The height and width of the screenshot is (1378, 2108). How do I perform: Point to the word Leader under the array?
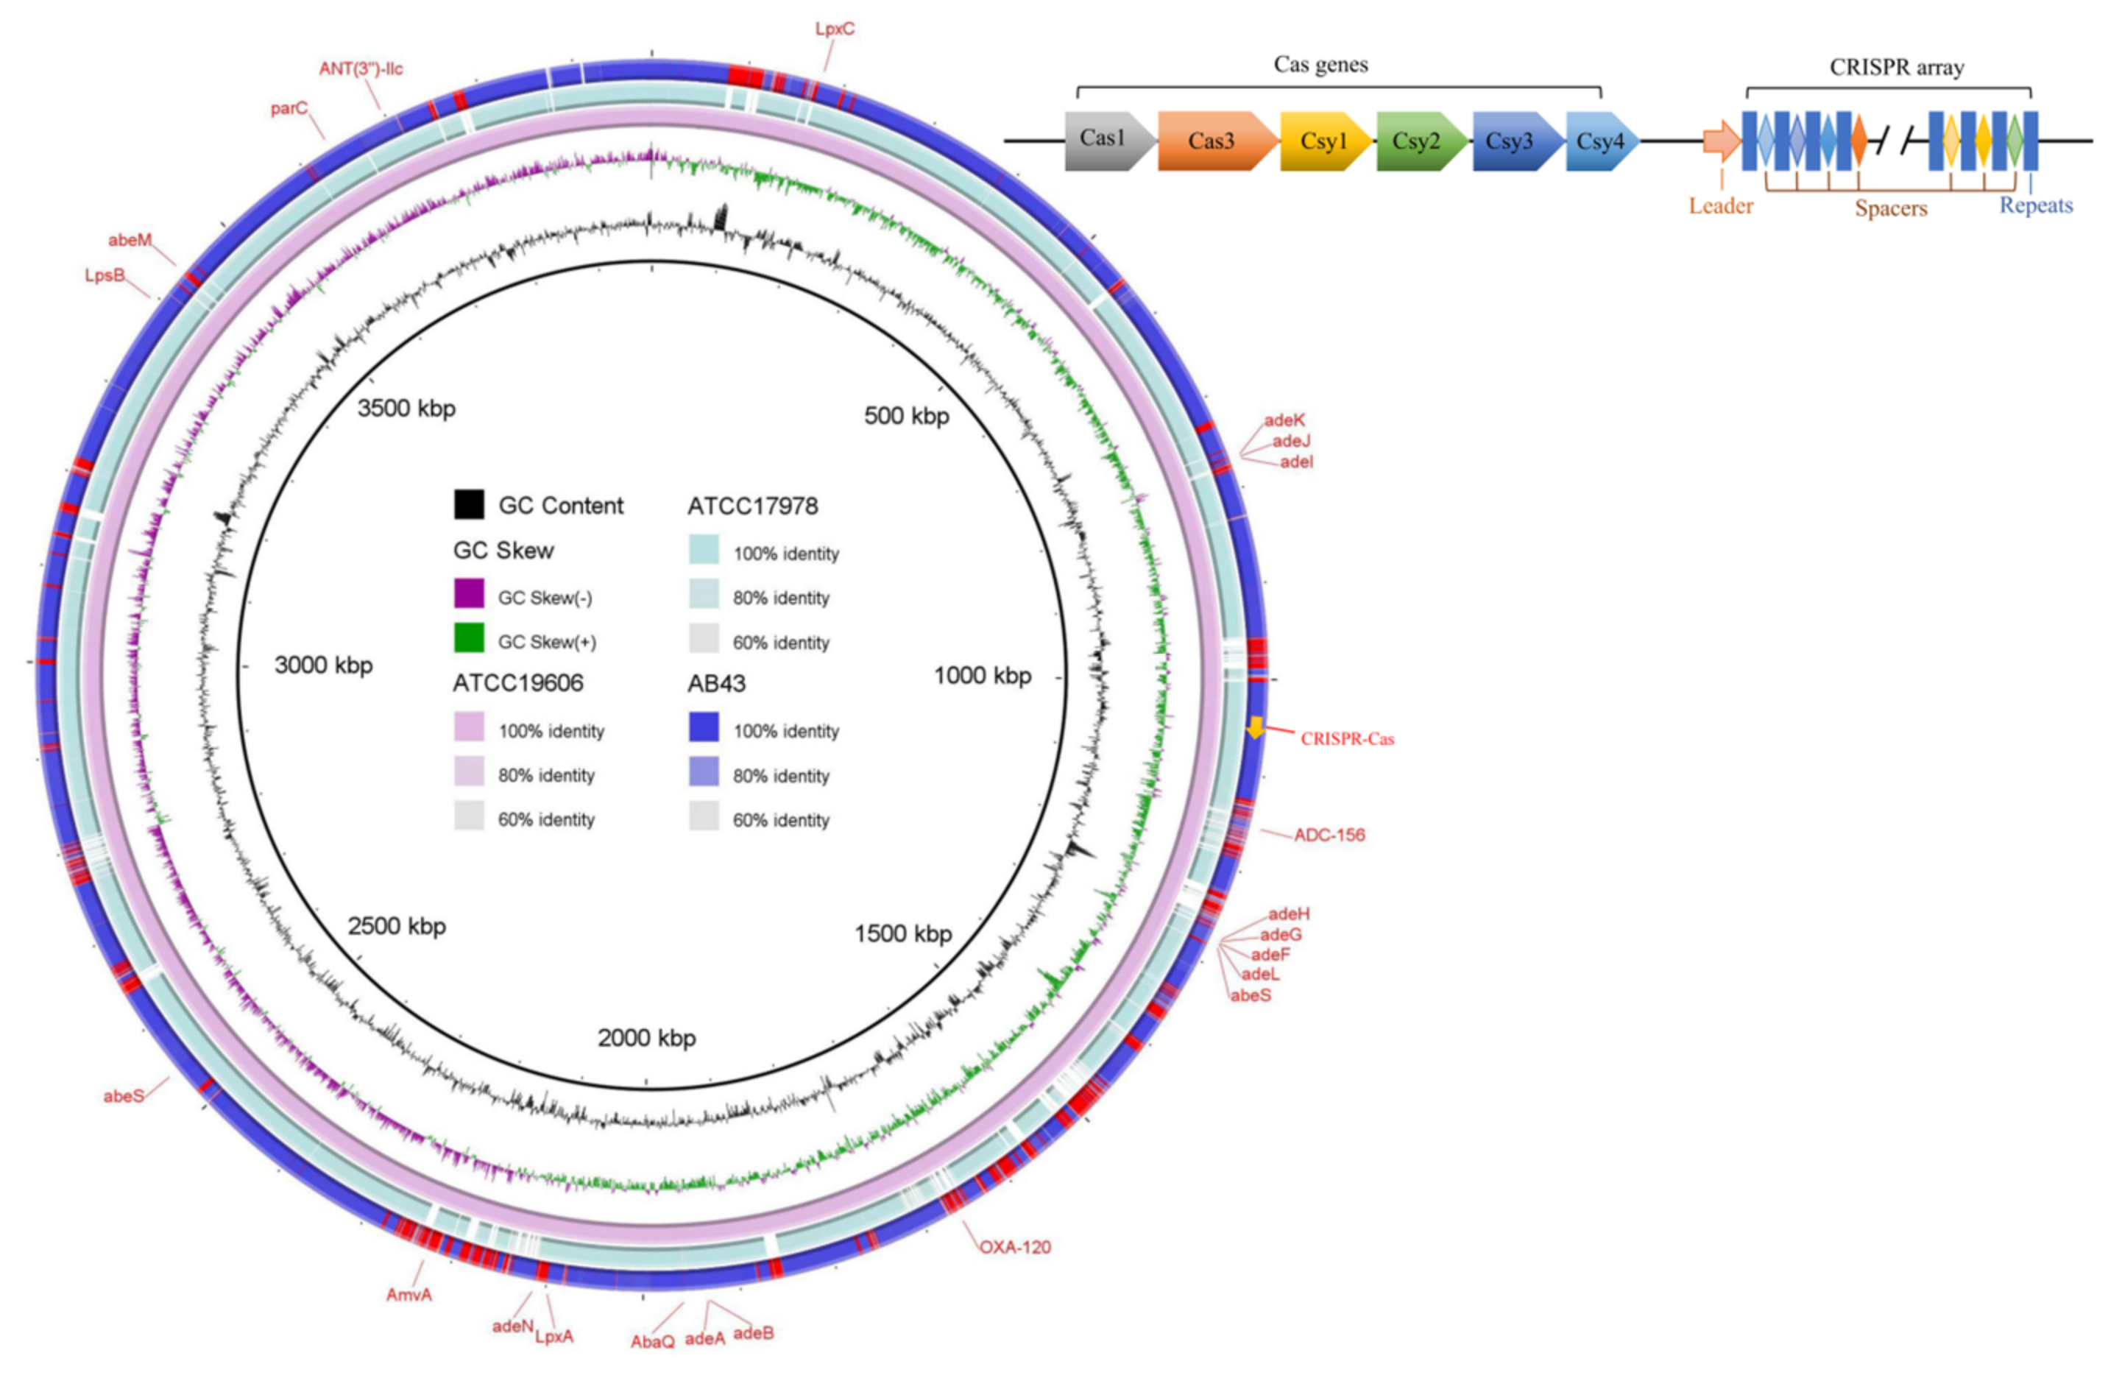[x=1720, y=205]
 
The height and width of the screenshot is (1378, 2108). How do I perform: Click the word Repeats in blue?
[x=2035, y=205]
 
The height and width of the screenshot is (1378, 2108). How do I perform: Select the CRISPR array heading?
[x=1896, y=67]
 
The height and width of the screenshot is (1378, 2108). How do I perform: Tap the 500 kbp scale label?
[x=906, y=415]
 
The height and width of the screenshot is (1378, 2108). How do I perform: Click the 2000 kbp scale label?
[x=646, y=1037]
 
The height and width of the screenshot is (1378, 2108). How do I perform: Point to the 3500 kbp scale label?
[x=406, y=409]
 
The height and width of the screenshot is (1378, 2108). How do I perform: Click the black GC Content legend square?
[x=469, y=504]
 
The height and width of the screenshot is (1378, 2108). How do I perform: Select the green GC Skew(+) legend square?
[x=469, y=637]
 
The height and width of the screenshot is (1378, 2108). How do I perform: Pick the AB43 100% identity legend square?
[x=703, y=727]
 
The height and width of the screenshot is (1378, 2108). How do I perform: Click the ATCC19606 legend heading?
[x=517, y=683]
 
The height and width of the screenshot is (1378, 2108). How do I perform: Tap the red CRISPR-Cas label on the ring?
[x=1346, y=738]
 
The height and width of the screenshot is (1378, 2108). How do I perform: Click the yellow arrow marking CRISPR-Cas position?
[x=1255, y=728]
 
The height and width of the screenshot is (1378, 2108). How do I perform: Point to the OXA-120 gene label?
[x=1014, y=1247]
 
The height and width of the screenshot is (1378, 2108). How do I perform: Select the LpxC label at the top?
[x=835, y=29]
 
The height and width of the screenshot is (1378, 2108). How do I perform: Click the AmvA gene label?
[x=408, y=1295]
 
